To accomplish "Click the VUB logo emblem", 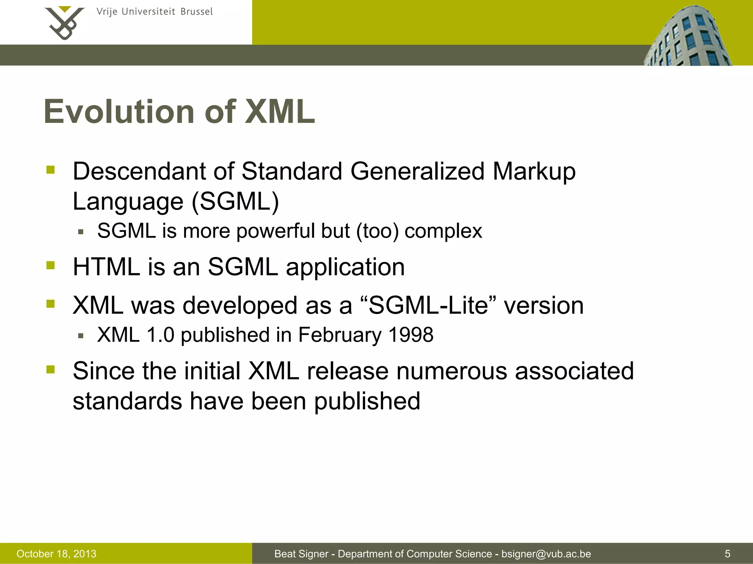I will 64,23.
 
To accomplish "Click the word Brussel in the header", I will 196,12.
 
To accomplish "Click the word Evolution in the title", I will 119,112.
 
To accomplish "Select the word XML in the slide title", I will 280,112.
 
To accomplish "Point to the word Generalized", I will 417,171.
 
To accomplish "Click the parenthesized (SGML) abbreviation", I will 235,202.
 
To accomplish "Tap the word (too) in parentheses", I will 377,231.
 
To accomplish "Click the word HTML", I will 106,267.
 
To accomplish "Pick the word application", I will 345,267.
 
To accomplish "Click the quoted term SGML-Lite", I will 428,305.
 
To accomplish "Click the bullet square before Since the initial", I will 50,369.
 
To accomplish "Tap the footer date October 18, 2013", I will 56,554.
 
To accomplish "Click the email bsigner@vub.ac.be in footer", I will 546,554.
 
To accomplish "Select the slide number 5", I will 727,554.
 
